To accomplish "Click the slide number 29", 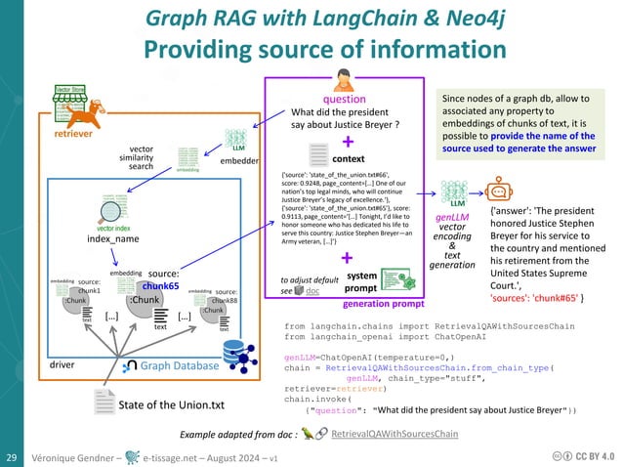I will point(14,456).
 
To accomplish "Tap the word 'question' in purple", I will point(345,100).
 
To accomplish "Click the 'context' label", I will point(349,157).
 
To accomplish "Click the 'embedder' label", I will point(238,158).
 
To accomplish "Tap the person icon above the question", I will point(345,80).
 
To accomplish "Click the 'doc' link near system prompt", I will point(311,291).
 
